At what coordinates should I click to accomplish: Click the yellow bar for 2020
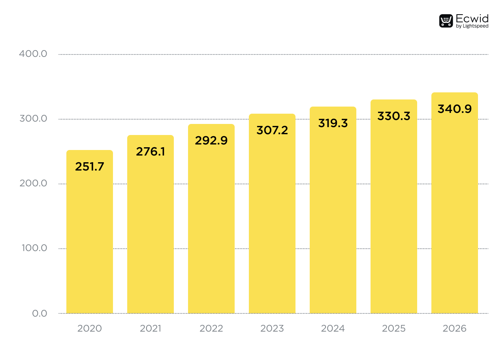89,237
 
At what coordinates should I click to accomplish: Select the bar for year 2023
272,221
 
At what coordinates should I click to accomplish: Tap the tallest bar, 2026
454,209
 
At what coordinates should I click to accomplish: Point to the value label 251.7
89,167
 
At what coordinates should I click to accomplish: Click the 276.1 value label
150,152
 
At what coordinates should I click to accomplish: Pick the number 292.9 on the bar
211,141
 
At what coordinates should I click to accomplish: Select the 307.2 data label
272,130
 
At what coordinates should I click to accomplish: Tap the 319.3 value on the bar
333,123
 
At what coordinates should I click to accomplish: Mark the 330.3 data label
393,116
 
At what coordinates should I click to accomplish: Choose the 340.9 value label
454,109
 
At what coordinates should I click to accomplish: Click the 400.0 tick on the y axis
33,54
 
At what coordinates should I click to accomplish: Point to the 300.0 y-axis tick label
33,119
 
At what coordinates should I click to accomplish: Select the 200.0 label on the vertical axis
33,184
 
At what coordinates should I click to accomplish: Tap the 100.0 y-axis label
33,248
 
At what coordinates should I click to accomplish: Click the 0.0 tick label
40,313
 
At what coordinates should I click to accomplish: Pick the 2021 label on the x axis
150,328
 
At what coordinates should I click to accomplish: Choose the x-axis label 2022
211,328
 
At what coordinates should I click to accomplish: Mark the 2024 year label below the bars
333,328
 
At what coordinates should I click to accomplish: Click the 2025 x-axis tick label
393,328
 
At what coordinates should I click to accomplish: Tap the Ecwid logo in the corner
463,21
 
